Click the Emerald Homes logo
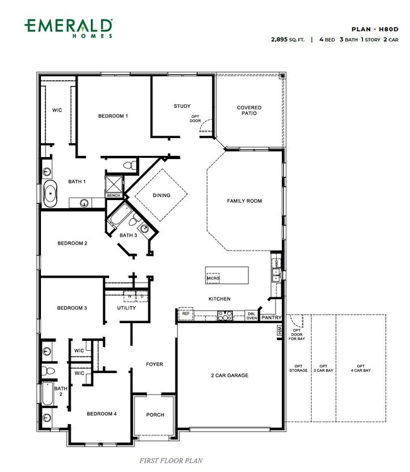69,28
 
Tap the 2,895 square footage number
279,39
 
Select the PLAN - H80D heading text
375,29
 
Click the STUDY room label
182,106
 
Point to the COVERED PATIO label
249,110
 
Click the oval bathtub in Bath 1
50,194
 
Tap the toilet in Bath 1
130,165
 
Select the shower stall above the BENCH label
114,184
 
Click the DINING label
161,196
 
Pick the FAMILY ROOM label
244,201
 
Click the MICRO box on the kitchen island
213,278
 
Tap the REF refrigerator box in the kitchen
186,314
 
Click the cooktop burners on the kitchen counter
225,316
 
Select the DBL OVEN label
252,316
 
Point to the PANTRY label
271,317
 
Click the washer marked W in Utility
130,297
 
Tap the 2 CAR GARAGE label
230,375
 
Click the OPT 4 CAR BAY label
361,368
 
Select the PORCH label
155,415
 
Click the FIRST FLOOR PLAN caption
171,461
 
